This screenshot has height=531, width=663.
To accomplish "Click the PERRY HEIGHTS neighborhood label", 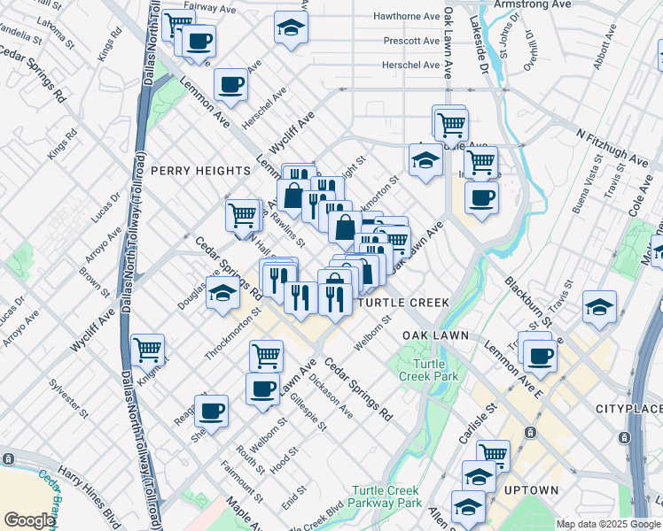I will click(x=200, y=170).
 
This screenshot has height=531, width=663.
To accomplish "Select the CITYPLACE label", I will click(x=628, y=409).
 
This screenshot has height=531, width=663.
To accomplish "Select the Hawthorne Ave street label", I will click(x=407, y=17).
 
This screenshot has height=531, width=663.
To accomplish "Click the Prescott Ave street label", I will click(x=411, y=41).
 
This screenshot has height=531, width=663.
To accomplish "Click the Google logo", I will click(x=29, y=520).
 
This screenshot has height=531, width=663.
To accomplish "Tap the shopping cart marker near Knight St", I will click(x=148, y=350).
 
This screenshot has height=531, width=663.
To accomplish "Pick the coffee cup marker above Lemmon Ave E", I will click(x=539, y=357).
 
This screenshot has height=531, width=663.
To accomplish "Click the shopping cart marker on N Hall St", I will click(x=243, y=216).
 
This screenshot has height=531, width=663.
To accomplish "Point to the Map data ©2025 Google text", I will click(x=607, y=524).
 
